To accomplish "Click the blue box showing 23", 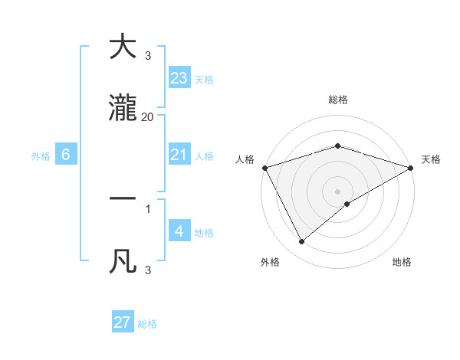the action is pyautogui.click(x=179, y=78).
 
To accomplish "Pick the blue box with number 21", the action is pyautogui.click(x=179, y=155).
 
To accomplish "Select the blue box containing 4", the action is pyautogui.click(x=179, y=231).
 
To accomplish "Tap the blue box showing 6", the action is pyautogui.click(x=66, y=155).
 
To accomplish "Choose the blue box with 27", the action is pyautogui.click(x=123, y=322).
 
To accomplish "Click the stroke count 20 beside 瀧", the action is pyautogui.click(x=147, y=116).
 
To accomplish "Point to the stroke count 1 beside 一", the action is pyautogui.click(x=147, y=208).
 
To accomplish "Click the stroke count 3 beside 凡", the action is pyautogui.click(x=147, y=270).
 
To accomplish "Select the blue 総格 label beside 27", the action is pyautogui.click(x=147, y=324).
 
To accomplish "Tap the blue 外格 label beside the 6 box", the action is pyautogui.click(x=41, y=155).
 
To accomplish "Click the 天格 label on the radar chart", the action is pyautogui.click(x=432, y=159).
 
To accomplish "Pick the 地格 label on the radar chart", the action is pyautogui.click(x=402, y=262).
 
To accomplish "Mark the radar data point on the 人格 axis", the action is pyautogui.click(x=264, y=167).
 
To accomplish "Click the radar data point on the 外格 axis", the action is pyautogui.click(x=302, y=242).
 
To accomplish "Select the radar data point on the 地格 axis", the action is pyautogui.click(x=347, y=204).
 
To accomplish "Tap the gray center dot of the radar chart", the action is pyautogui.click(x=337, y=191).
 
